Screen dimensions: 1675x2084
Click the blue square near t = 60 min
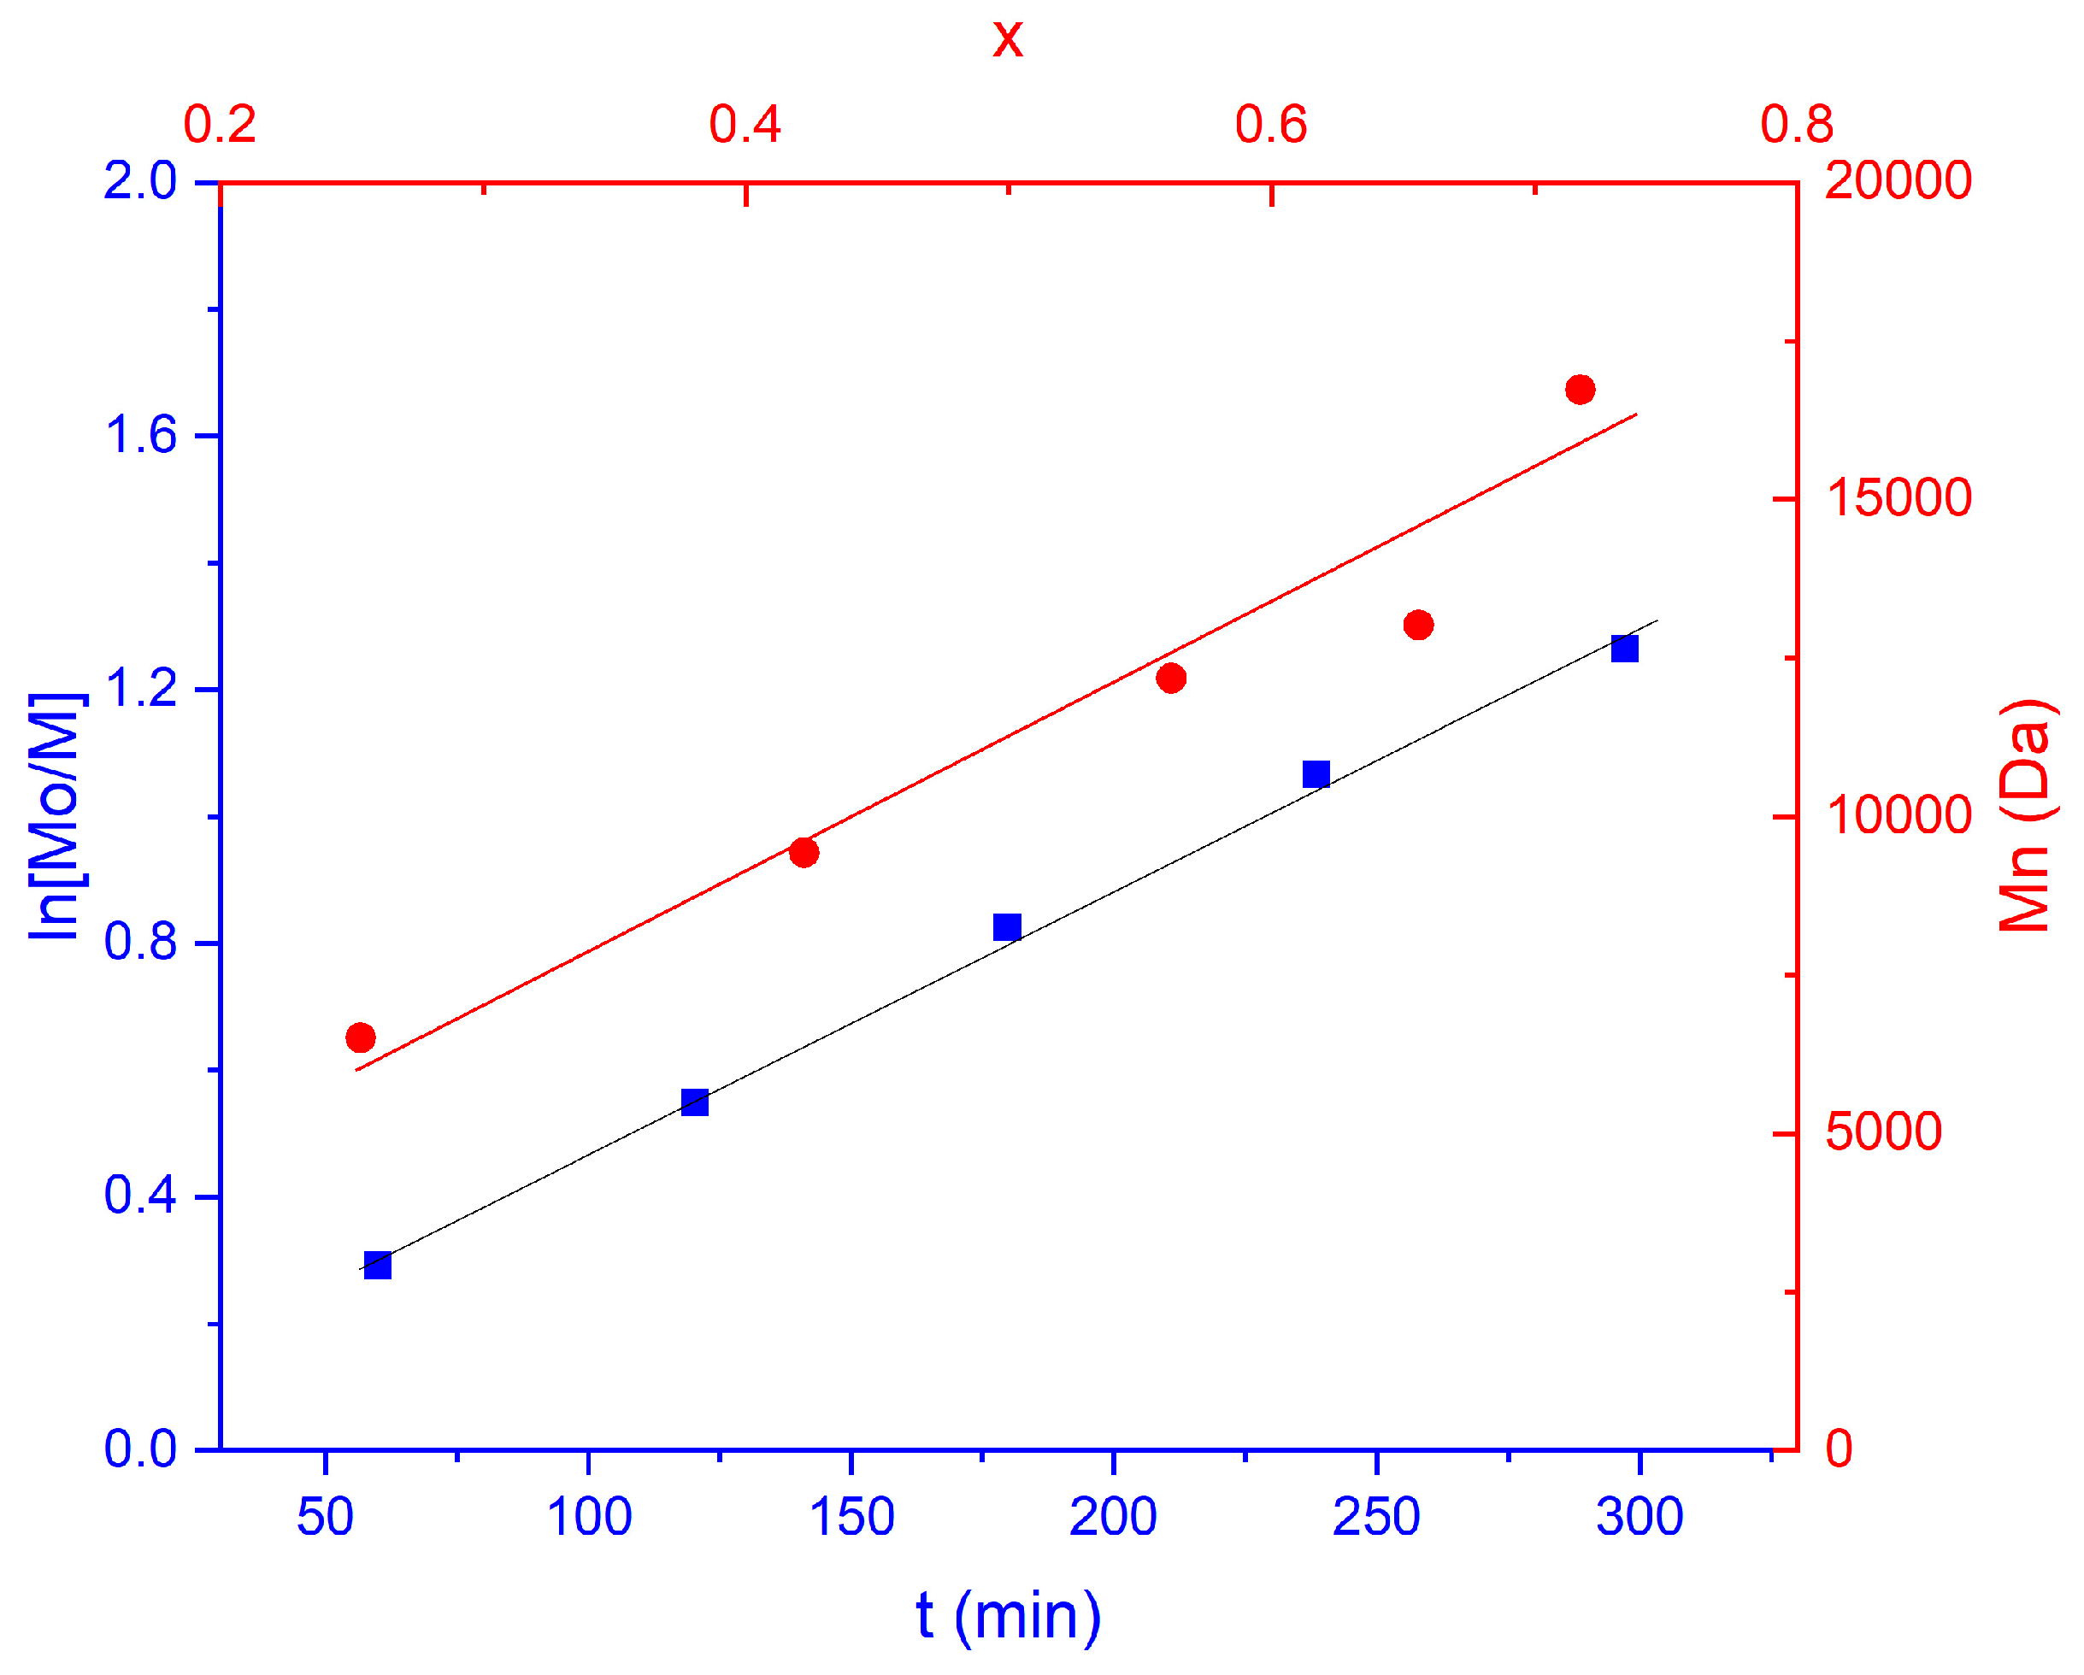coord(378,1265)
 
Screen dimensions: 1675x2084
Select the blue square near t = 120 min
coord(695,1102)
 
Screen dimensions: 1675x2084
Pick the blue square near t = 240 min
coord(1316,774)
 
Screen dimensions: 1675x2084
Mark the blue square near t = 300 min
coord(1625,649)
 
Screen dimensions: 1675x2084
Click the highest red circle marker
coord(1581,390)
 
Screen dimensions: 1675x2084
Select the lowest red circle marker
coord(361,1038)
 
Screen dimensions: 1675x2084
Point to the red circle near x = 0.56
coord(1170,679)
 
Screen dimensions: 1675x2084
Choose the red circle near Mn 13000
coord(1418,626)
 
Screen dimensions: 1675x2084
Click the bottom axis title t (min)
coord(1008,1615)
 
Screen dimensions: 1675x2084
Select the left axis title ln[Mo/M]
coord(56,818)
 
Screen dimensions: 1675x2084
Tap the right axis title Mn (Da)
coord(2026,816)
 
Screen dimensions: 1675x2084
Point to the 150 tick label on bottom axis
coord(851,1518)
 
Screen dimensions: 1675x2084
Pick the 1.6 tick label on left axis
coord(141,435)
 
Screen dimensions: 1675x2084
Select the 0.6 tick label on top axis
coord(1271,126)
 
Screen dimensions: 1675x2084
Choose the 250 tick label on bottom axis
coord(1376,1518)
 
